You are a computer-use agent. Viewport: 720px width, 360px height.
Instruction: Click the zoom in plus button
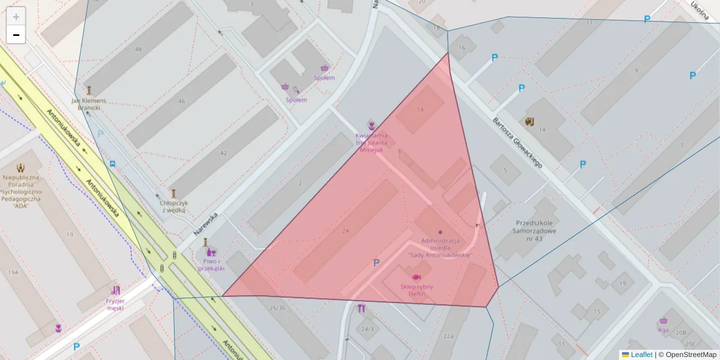pyautogui.click(x=16, y=17)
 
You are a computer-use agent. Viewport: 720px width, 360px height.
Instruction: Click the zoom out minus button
pyautogui.click(x=16, y=35)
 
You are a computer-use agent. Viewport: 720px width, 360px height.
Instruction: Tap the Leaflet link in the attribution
pyautogui.click(x=641, y=355)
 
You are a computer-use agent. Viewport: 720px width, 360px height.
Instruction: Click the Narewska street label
pyautogui.click(x=205, y=223)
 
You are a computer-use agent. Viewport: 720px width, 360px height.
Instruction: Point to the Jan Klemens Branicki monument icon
pyautogui.click(x=89, y=90)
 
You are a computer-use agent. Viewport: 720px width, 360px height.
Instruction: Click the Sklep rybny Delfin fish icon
pyautogui.click(x=416, y=277)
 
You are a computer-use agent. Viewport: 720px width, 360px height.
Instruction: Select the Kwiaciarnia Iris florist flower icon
pyautogui.click(x=372, y=125)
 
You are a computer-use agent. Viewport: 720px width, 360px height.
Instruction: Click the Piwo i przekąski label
pyautogui.click(x=211, y=265)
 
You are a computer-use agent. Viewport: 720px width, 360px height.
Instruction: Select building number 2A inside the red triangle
pyautogui.click(x=345, y=231)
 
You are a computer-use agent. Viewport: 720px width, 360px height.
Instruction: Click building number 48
pyautogui.click(x=139, y=49)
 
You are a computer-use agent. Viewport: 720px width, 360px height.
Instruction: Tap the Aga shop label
pyautogui.click(x=663, y=330)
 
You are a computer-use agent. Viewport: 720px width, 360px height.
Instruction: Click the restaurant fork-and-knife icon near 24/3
pyautogui.click(x=361, y=310)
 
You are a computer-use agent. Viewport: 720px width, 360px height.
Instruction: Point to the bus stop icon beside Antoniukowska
pyautogui.click(x=113, y=163)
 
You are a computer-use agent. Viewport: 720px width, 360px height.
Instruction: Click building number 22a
pyautogui.click(x=448, y=336)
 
